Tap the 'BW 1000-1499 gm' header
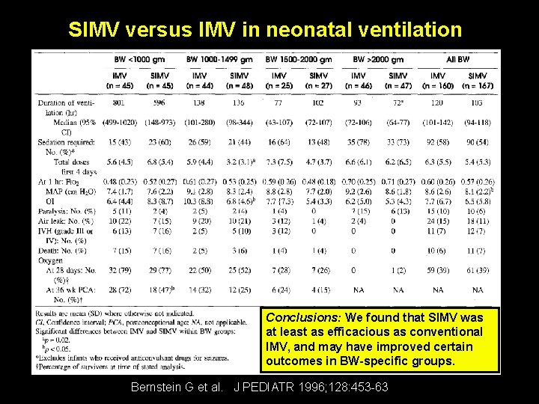(219, 60)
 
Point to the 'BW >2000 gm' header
(379, 60)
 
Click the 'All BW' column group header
(457, 60)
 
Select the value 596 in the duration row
(159, 102)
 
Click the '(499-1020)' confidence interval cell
(119, 121)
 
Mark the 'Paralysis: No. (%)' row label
(67, 211)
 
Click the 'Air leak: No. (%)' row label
(66, 221)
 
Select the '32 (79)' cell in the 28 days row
(119, 269)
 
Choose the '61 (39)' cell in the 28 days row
(478, 269)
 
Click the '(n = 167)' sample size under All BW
(478, 85)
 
